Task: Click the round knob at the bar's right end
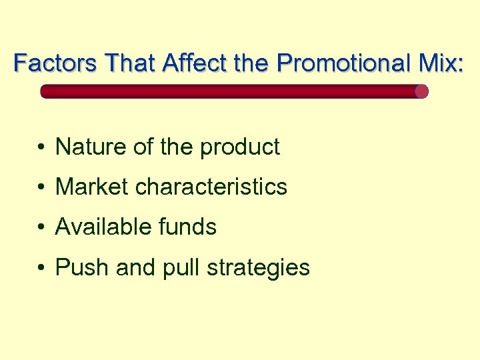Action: pos(421,91)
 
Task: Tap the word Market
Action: pos(92,187)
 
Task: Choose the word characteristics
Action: pos(211,187)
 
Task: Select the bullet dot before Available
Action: pos(41,228)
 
